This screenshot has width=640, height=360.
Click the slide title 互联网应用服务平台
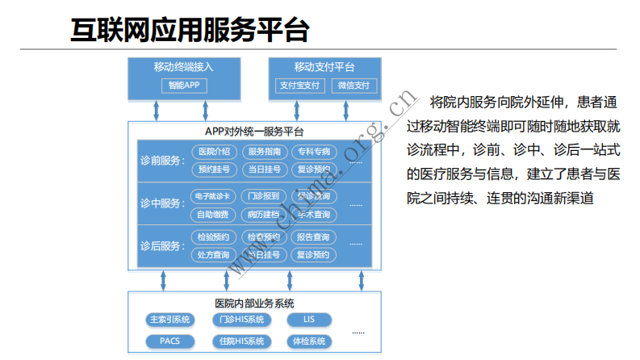tap(190, 30)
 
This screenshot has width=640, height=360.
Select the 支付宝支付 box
tap(299, 85)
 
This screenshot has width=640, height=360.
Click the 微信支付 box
tap(353, 85)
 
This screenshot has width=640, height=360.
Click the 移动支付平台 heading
tap(324, 67)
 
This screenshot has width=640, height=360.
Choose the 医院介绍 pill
tap(214, 152)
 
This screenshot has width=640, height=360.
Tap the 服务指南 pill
tap(264, 152)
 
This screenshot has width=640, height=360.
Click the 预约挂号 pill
tap(214, 170)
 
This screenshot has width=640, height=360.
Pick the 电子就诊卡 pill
tap(214, 196)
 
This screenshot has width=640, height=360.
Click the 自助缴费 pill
tap(214, 215)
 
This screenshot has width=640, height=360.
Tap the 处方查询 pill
tap(214, 255)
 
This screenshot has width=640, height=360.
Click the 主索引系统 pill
tap(169, 319)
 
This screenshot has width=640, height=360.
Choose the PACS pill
tap(169, 341)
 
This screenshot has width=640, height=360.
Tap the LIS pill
tap(309, 319)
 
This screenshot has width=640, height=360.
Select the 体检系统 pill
tap(309, 341)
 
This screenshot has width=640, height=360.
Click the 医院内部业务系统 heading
tap(254, 303)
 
